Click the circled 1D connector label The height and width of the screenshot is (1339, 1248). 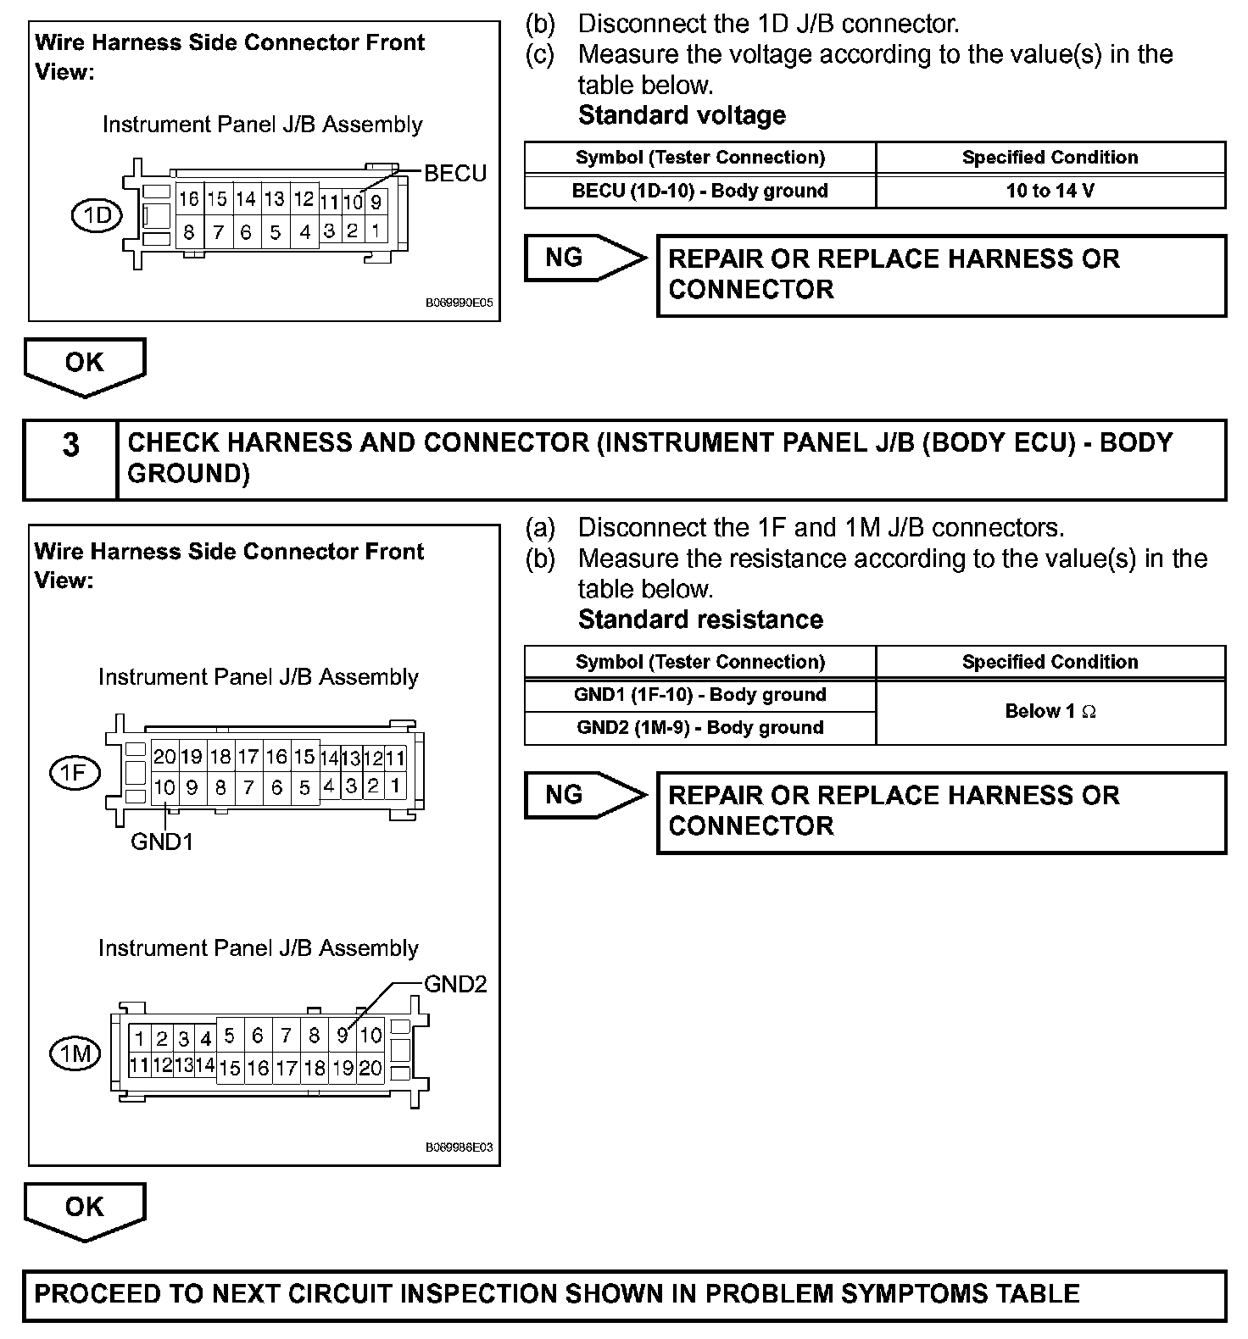(x=97, y=216)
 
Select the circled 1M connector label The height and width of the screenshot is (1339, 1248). (x=76, y=1053)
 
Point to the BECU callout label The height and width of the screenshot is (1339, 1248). (x=455, y=174)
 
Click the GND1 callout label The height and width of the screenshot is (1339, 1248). (x=162, y=842)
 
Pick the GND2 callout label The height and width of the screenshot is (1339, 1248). (x=455, y=984)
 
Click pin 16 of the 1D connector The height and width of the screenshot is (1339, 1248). (x=188, y=199)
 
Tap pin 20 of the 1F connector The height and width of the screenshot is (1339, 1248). (x=164, y=757)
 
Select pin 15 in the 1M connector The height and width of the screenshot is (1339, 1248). (x=230, y=1068)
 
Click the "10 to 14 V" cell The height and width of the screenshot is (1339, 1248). (x=1050, y=191)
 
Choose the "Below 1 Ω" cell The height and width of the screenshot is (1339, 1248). (x=1050, y=711)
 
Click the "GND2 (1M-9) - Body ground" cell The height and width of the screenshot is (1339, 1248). (x=699, y=727)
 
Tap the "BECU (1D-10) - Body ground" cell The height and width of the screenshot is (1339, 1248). (x=699, y=191)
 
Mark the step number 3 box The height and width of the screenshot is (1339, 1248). (x=70, y=458)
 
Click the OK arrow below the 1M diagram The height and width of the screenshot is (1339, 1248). (x=85, y=1210)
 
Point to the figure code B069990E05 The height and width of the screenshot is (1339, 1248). (x=459, y=302)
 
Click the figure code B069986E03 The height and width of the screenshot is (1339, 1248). (x=459, y=1147)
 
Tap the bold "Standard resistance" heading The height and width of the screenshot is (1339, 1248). (x=700, y=619)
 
